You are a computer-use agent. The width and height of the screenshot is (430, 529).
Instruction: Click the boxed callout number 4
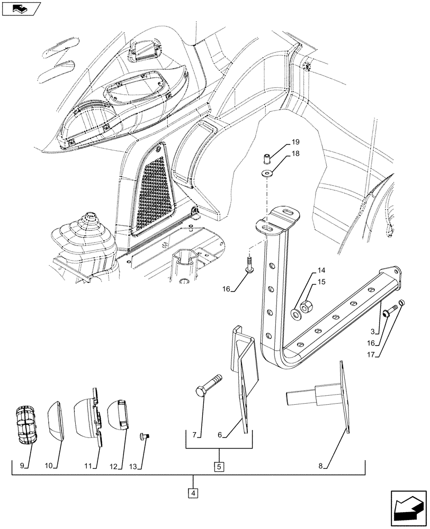[x=194, y=494]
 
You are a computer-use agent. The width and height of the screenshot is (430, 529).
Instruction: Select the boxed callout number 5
[x=218, y=467]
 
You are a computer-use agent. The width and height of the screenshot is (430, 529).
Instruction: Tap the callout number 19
[x=295, y=142]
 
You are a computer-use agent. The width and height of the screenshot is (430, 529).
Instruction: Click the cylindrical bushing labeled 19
[x=267, y=158]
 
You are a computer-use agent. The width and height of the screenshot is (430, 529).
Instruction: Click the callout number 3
[x=375, y=331]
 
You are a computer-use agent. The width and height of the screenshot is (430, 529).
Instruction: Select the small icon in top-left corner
[x=21, y=8]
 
